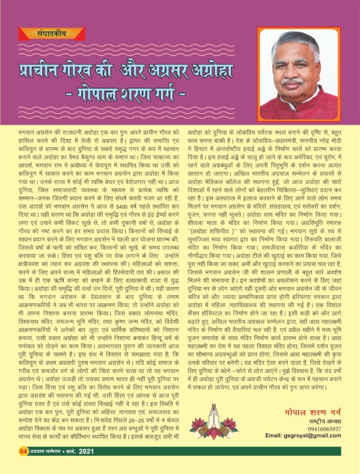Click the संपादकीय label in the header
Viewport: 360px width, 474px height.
[x=52, y=33]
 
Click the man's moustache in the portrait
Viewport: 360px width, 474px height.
[x=292, y=81]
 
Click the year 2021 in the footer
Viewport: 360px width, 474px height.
[x=88, y=451]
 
